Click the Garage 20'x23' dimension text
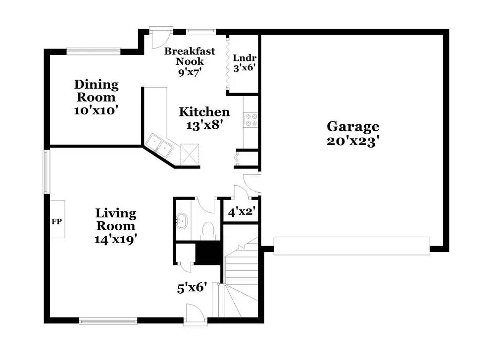(x=352, y=141)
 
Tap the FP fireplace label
(x=56, y=222)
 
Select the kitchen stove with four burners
(x=250, y=120)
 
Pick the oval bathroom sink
(x=182, y=220)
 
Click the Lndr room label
(x=245, y=58)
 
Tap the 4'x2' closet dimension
(x=242, y=211)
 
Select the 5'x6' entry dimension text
(x=192, y=288)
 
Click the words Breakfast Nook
(x=190, y=56)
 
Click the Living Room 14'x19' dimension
(x=115, y=239)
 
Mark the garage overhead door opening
(x=351, y=246)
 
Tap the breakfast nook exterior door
(x=161, y=38)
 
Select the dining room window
(x=94, y=51)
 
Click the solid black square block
(x=207, y=254)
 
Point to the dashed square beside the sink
(x=190, y=154)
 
